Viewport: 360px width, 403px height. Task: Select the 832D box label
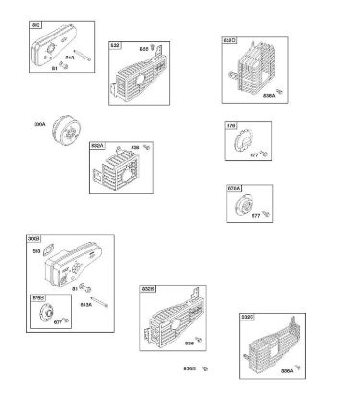[229, 42]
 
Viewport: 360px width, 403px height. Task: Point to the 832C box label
[247, 317]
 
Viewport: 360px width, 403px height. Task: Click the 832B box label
[148, 288]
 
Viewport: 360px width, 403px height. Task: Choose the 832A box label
[97, 145]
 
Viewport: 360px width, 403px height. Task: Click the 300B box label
[34, 238]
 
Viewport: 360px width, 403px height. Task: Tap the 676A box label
[233, 189]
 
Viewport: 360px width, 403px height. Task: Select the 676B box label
[38, 299]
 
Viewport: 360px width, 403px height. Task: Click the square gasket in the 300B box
[86, 285]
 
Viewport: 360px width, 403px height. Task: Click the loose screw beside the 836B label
[205, 368]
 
